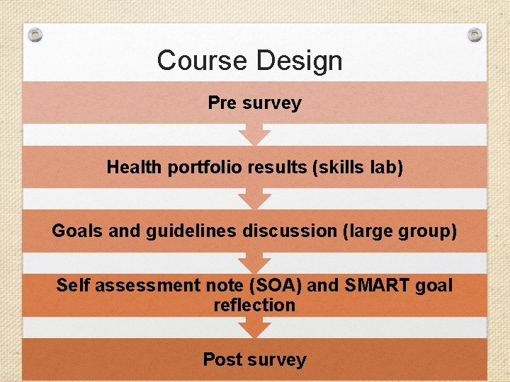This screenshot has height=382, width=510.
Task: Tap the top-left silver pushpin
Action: (36, 34)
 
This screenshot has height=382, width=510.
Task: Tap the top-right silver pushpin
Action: (475, 34)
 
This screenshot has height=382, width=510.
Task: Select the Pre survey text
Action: (254, 103)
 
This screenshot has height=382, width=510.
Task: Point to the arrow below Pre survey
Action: (254, 134)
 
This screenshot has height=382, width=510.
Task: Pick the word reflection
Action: (254, 306)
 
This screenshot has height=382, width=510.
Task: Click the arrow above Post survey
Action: (254, 328)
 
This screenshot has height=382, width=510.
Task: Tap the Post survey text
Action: (254, 359)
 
